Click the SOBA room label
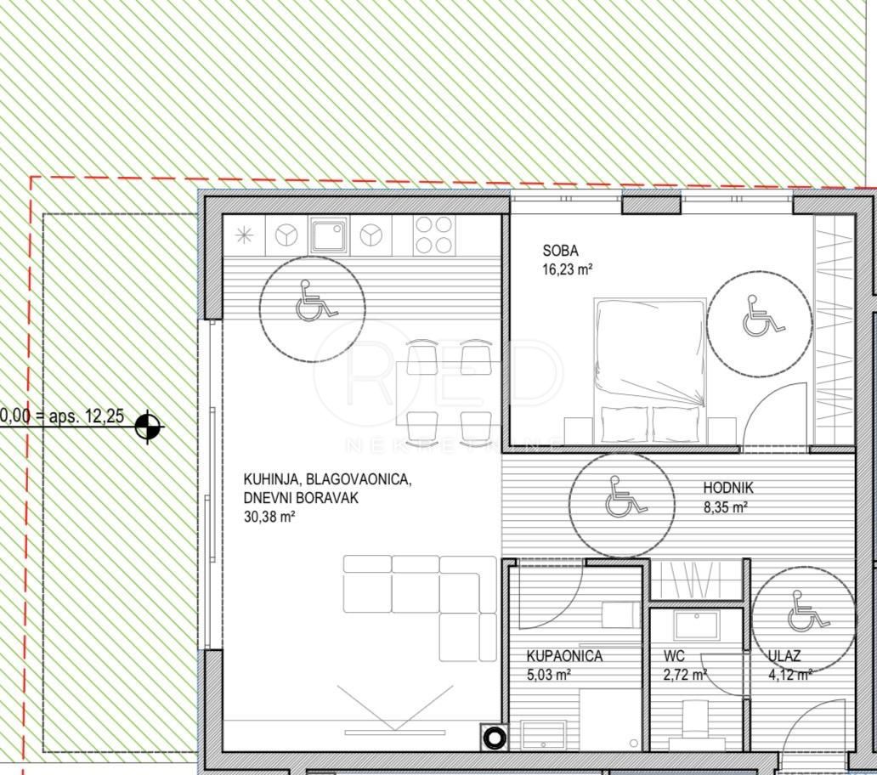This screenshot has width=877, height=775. coord(560,251)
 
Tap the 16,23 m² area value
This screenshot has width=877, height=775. coord(567,269)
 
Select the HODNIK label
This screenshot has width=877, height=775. coord(728,488)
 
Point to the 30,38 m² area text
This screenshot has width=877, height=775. coord(269,516)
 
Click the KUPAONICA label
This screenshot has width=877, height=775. coord(564,656)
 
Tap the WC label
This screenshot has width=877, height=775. coord(675,656)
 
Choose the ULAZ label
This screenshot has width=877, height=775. coord(784,656)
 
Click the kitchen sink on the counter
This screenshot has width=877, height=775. coord(329,234)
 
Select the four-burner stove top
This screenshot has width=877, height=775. coord(433,234)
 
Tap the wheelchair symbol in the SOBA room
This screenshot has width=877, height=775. coord(759,317)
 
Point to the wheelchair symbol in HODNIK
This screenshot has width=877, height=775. coord(622,499)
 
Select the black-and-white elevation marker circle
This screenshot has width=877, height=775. coord(149,427)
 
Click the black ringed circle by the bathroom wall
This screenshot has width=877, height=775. coord(495,738)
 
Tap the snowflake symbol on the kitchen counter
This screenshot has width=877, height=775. coord(244,235)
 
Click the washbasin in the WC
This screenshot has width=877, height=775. coord(698,625)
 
